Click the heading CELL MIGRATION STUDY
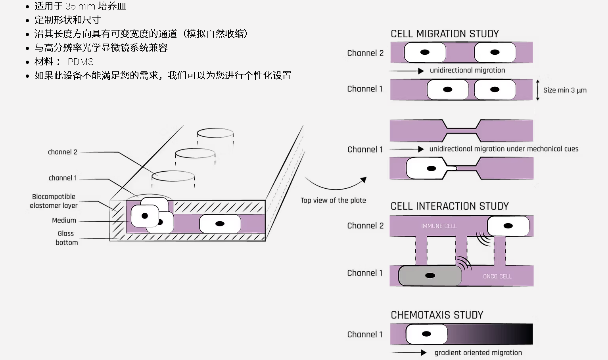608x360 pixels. click(x=445, y=34)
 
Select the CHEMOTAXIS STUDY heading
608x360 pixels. click(x=437, y=315)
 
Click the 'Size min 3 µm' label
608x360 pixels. click(x=565, y=90)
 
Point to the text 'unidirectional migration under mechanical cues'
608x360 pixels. click(x=504, y=149)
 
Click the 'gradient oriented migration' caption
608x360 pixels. click(x=478, y=353)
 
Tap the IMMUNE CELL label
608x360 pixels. click(x=439, y=226)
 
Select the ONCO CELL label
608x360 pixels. click(x=497, y=276)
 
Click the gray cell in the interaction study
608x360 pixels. click(x=430, y=276)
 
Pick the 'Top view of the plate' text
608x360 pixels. click(x=333, y=201)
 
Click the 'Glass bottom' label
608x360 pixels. click(x=67, y=238)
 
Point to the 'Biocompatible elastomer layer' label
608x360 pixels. click(x=54, y=201)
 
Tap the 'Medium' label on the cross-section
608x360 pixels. click(x=64, y=220)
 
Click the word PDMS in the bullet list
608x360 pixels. click(x=81, y=62)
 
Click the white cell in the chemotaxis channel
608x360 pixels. click(x=426, y=334)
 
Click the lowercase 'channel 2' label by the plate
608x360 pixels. click(x=63, y=152)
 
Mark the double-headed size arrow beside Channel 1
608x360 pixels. click(x=537, y=90)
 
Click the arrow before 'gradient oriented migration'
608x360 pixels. click(x=409, y=352)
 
